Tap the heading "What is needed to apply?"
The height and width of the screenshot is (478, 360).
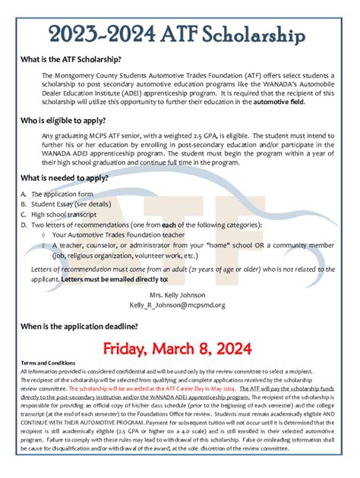click(75, 179)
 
